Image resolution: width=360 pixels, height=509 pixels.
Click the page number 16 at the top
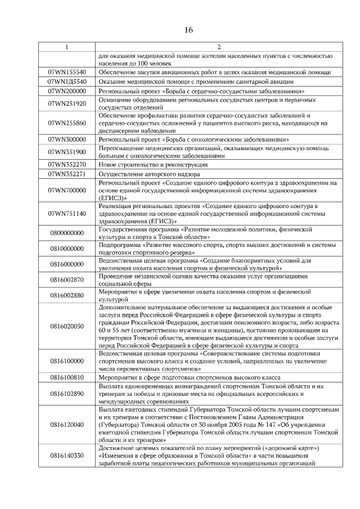(x=180, y=30)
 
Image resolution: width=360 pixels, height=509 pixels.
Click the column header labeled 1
(x=67, y=47)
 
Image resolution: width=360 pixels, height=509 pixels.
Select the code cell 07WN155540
(x=67, y=73)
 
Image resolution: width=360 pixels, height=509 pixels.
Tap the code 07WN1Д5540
(x=67, y=82)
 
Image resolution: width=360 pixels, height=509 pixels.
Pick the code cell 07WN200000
(x=67, y=91)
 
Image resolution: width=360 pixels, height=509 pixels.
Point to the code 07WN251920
(x=67, y=103)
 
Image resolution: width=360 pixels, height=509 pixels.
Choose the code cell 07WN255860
(x=67, y=123)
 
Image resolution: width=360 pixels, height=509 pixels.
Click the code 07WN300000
(x=67, y=139)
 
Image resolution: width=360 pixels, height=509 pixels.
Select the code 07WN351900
(x=67, y=152)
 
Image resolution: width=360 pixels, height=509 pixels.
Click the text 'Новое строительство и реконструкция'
(x=153, y=165)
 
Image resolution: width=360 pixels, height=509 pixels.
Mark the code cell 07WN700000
(x=67, y=191)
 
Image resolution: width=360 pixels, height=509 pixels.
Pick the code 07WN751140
(x=67, y=214)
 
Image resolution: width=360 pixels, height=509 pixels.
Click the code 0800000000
(x=67, y=233)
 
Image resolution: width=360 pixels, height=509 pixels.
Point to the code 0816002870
(x=67, y=280)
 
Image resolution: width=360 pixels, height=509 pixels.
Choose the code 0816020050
(x=67, y=326)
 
